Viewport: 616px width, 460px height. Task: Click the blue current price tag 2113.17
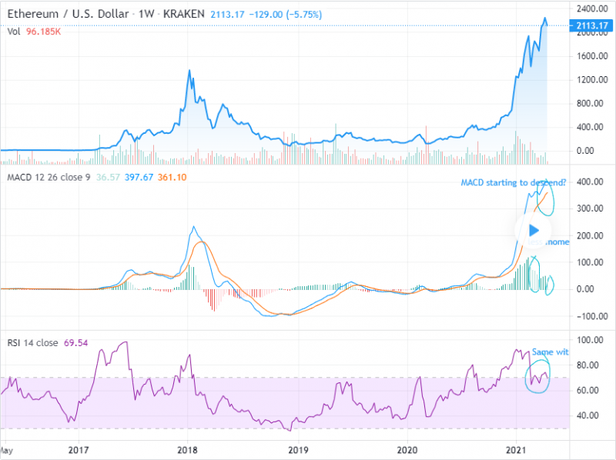(589, 26)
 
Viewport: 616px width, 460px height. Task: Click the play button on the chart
(534, 229)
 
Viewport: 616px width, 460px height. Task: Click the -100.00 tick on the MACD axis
(587, 316)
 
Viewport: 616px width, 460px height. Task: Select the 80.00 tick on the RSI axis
(588, 365)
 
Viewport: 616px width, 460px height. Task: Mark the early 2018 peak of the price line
(189, 71)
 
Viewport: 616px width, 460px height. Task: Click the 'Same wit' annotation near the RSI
(551, 352)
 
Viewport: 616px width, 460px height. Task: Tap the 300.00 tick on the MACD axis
(588, 209)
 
